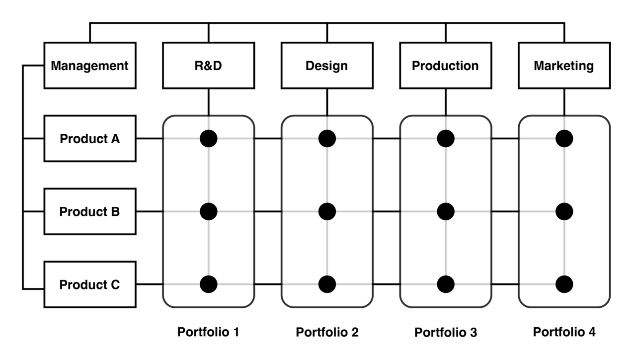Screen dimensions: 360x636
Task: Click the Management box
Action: point(89,66)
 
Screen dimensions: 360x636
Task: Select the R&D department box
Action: point(208,66)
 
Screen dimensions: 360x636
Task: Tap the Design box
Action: point(326,66)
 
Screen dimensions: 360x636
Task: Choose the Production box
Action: point(445,66)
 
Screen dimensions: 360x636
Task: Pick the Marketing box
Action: point(563,66)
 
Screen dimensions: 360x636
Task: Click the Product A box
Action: point(89,139)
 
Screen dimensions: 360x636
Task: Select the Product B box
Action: point(89,212)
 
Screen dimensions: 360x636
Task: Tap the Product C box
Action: point(89,285)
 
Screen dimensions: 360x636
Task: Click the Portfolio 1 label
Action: point(208,332)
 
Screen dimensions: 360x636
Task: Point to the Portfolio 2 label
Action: point(327,332)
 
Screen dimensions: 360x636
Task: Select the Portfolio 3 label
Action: point(446,332)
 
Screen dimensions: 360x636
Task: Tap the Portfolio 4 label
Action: point(564,332)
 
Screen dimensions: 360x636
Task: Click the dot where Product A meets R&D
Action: point(209,139)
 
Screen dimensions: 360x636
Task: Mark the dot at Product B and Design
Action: point(327,212)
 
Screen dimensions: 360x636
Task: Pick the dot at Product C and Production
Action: point(446,284)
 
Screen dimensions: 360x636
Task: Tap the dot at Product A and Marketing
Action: point(564,139)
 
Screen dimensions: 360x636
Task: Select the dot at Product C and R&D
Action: point(209,284)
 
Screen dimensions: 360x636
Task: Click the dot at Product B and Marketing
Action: point(564,212)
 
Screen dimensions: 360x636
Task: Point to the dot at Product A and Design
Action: point(327,139)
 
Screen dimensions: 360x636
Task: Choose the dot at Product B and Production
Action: point(446,212)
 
